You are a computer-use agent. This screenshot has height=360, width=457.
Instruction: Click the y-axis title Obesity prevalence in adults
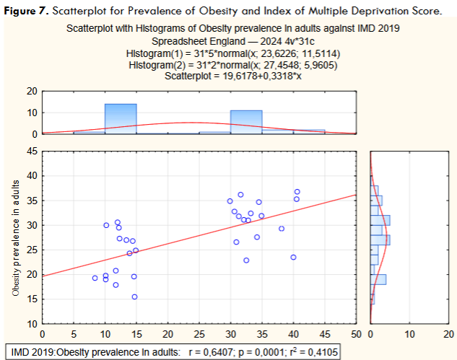pyautogui.click(x=16, y=239)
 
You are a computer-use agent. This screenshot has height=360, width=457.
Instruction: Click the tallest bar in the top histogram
pyautogui.click(x=121, y=119)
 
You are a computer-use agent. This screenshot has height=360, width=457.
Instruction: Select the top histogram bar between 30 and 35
pyautogui.click(x=246, y=122)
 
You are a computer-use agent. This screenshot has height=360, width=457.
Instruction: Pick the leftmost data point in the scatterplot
pyautogui.click(x=95, y=278)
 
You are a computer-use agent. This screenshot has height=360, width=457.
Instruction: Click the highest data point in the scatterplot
pyautogui.click(x=297, y=191)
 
